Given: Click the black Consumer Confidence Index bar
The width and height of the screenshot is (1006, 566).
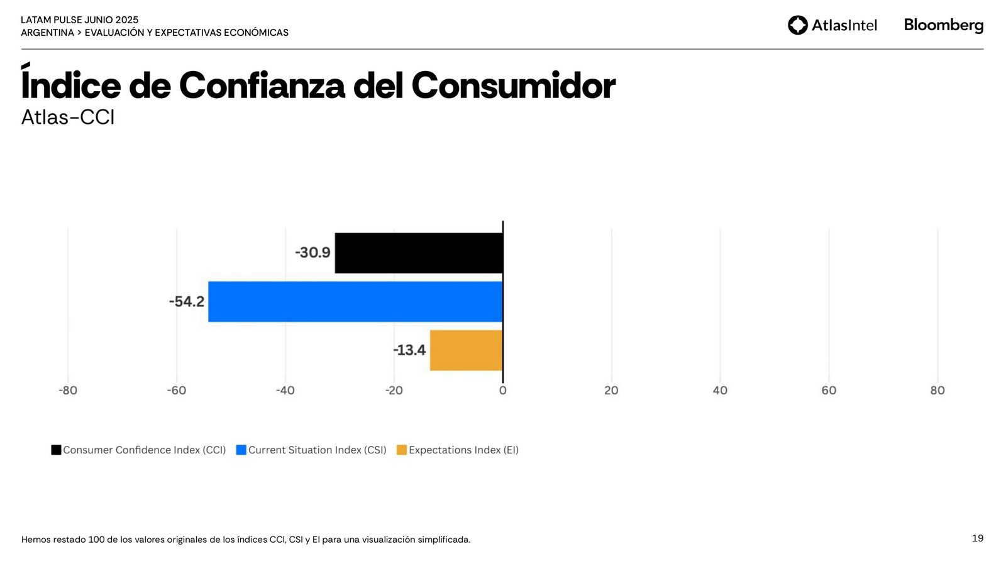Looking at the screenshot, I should tap(419, 253).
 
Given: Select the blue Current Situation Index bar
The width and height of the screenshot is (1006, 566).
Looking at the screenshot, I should tap(355, 302).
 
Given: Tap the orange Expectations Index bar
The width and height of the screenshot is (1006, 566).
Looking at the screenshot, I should tap(466, 350).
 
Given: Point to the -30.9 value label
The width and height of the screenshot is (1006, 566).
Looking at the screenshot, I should tap(312, 253).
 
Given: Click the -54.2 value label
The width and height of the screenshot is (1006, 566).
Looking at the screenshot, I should tap(187, 302).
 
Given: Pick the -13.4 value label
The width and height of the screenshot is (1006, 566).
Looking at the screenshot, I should tap(409, 350).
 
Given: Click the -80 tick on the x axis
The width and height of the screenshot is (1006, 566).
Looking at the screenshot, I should tap(68, 391).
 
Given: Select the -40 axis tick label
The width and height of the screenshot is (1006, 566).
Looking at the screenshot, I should tap(285, 391).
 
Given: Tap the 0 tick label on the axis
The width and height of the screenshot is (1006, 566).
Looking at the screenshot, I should tap(502, 391).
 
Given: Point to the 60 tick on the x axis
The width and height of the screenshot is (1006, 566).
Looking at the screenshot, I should tap(829, 391).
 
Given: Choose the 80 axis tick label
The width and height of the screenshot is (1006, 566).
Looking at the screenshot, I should tap(937, 391).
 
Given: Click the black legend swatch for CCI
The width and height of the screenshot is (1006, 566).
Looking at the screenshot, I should tap(57, 450).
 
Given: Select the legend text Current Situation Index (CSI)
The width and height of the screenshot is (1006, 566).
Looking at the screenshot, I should tap(317, 450).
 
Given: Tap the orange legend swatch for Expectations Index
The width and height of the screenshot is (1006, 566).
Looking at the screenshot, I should tap(402, 450).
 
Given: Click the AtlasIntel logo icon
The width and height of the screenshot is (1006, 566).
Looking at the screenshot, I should tap(798, 25).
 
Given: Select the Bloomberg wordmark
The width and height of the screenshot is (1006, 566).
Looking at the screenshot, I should tap(943, 25).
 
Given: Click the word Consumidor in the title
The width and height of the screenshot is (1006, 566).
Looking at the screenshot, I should tap(513, 86).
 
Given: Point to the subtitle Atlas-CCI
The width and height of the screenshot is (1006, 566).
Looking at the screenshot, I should tap(68, 118).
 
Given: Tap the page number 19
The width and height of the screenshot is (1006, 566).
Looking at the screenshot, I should tap(978, 538).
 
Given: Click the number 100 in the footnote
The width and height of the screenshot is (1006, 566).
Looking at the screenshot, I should tap(96, 540).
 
